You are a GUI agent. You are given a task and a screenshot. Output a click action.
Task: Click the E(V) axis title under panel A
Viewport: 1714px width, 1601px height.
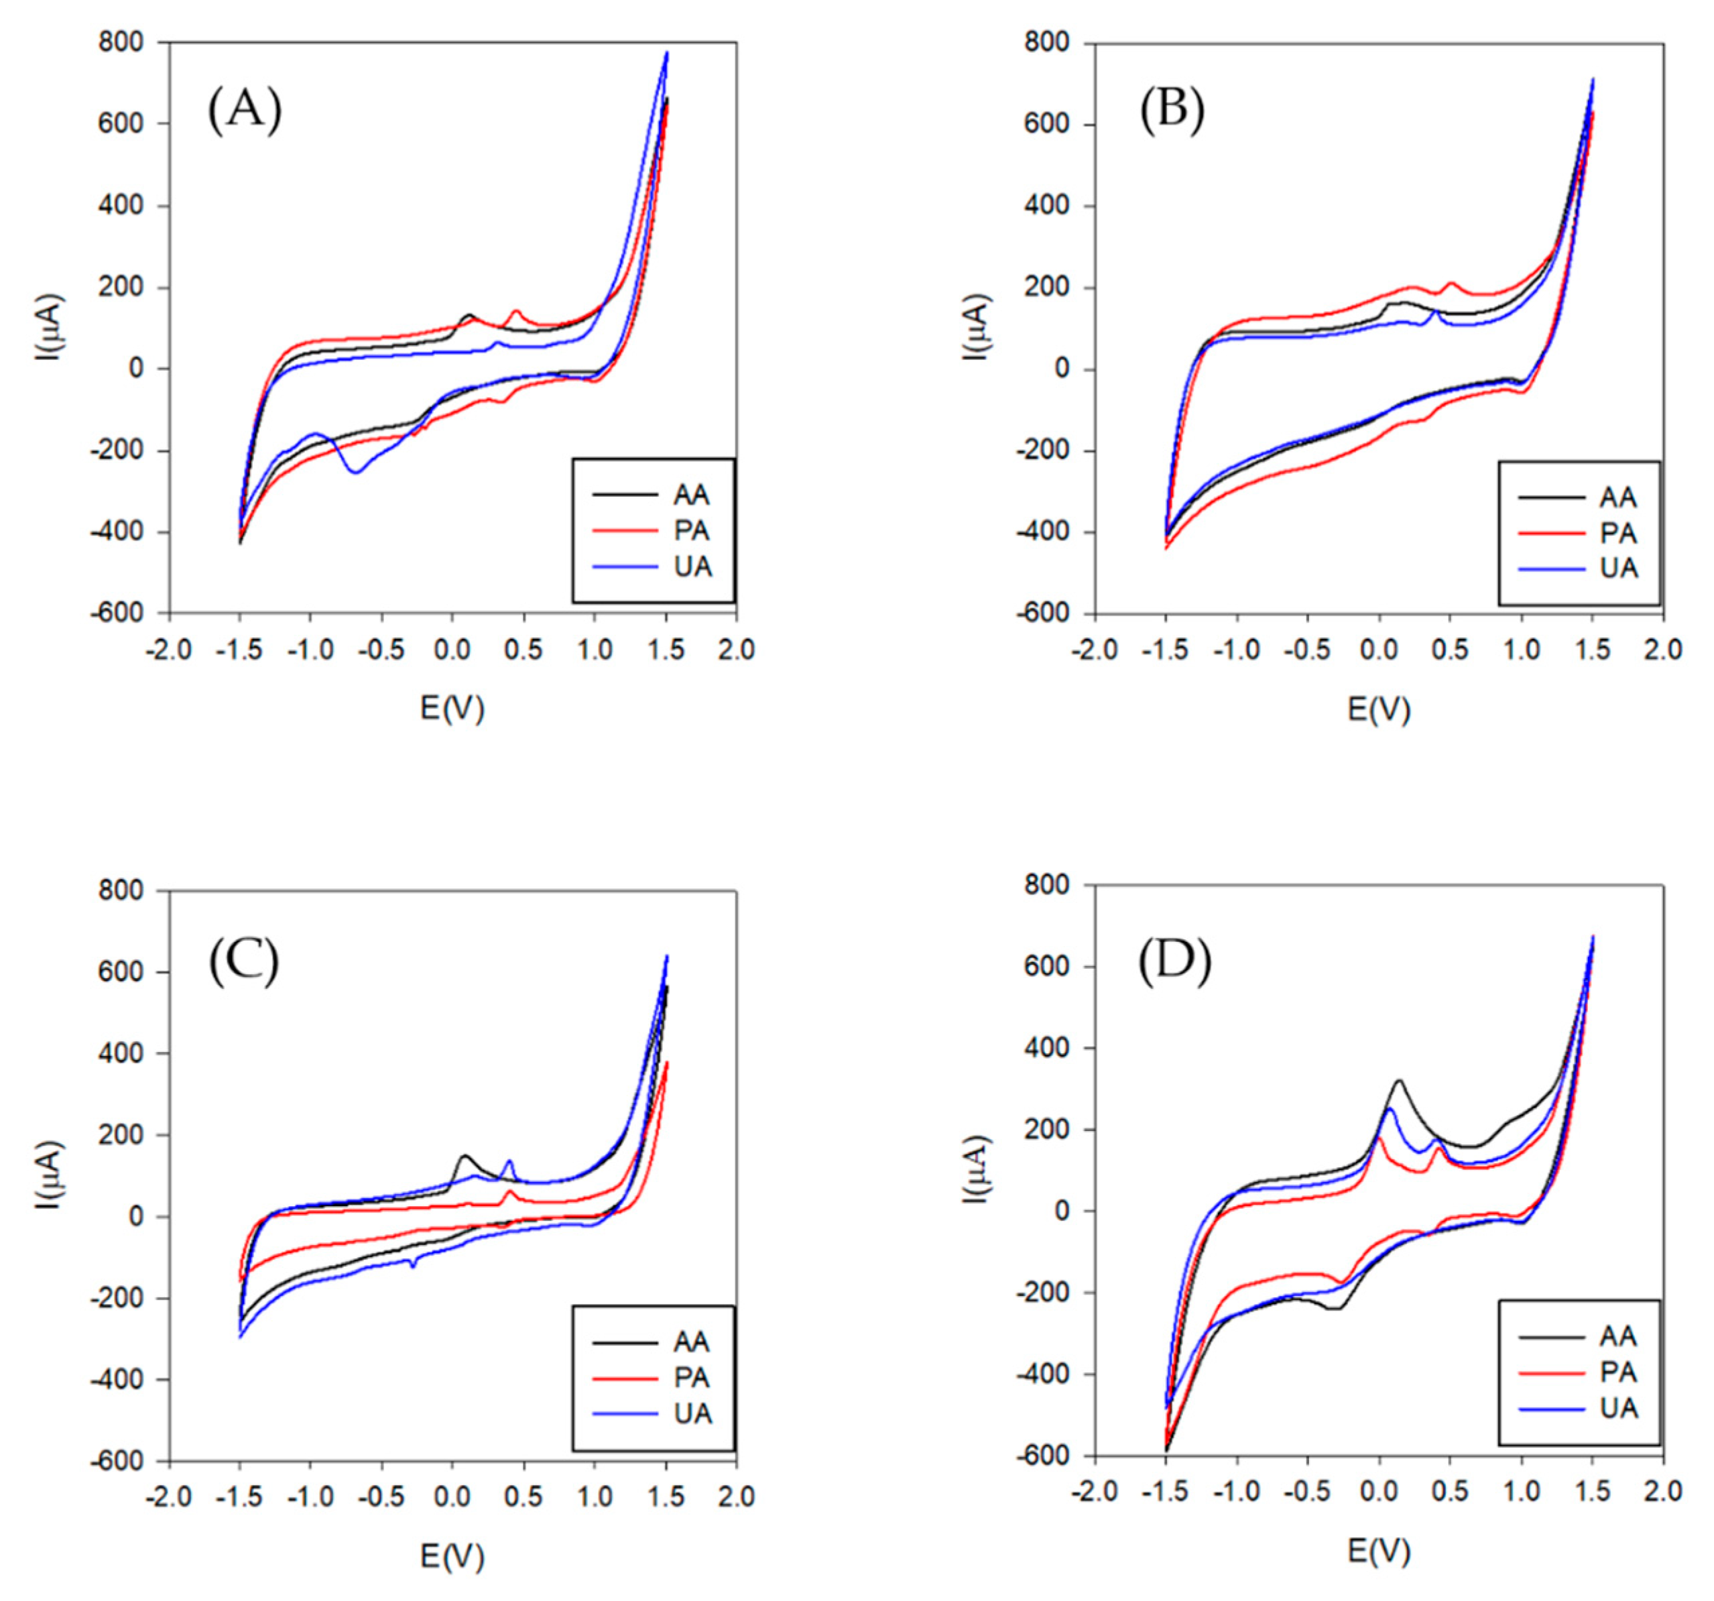point(452,708)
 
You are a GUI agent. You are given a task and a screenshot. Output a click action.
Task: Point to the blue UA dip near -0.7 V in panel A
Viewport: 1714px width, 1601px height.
point(355,471)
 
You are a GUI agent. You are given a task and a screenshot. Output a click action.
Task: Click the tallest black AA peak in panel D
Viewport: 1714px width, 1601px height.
point(1398,1080)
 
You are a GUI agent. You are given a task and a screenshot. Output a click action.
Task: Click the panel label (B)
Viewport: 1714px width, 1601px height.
point(1172,112)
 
